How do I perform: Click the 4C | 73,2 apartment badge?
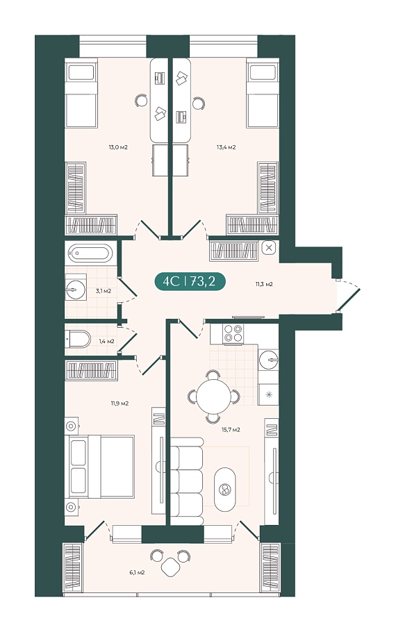[x=190, y=281]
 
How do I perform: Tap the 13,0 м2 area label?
[x=118, y=147]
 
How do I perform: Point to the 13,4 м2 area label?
[x=226, y=147]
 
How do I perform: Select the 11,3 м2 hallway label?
[x=264, y=284]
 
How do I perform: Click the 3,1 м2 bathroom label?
[x=104, y=290]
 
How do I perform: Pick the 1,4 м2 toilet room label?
[x=106, y=341]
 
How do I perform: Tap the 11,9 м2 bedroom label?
[x=119, y=403]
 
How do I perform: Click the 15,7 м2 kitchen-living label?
[x=231, y=430]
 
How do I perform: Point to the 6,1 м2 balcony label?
[x=137, y=572]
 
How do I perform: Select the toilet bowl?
[x=79, y=340]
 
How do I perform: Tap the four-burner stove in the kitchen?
[x=233, y=333]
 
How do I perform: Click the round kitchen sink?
[x=268, y=360]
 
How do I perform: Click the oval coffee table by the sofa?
[x=224, y=490]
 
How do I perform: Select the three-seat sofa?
[x=187, y=481]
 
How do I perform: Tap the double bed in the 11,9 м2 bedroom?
[x=101, y=466]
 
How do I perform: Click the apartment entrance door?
[x=349, y=295]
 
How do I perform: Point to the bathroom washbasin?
[x=76, y=290]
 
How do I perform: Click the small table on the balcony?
[x=171, y=567]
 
